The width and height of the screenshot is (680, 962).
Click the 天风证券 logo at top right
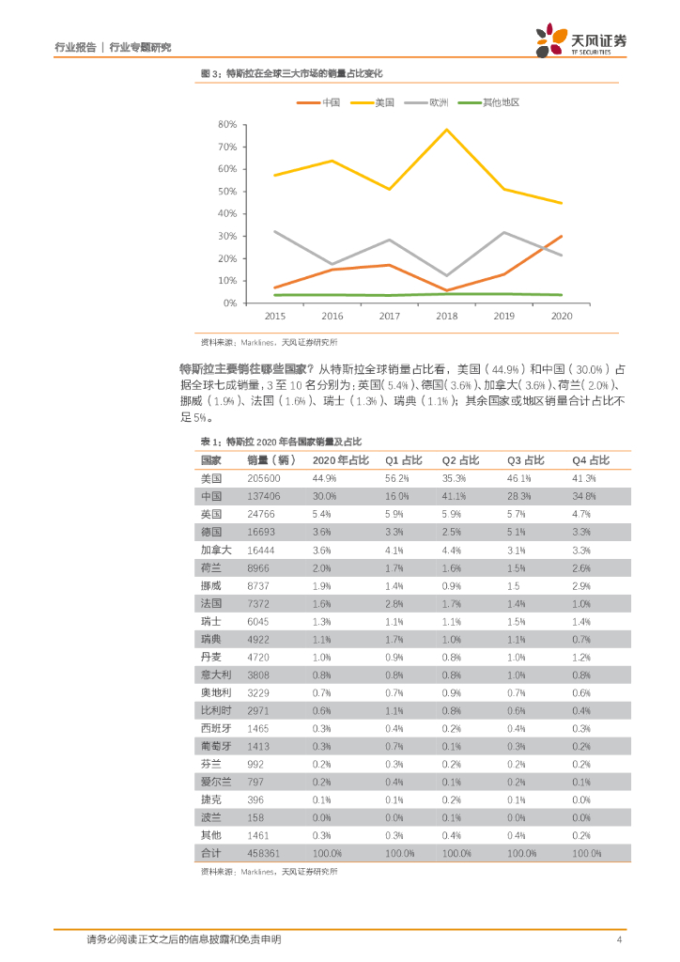point(580,41)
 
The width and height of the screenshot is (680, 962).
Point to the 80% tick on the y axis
point(227,124)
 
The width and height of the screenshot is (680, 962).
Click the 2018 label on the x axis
point(446,317)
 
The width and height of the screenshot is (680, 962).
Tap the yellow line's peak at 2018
point(447,130)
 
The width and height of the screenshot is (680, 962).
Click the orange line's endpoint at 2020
point(562,236)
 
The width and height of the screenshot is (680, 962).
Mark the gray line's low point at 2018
point(447,275)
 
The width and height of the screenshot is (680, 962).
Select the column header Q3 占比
point(525,460)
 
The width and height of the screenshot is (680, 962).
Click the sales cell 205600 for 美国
point(264,478)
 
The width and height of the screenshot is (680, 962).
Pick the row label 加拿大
point(215,550)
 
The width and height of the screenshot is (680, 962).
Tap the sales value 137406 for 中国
point(264,496)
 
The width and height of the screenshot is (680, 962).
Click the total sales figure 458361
point(264,853)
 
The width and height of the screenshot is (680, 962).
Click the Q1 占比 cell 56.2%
point(397,478)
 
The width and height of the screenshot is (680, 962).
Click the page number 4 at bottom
point(618,939)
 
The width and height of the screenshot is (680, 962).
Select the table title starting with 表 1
point(282,441)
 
